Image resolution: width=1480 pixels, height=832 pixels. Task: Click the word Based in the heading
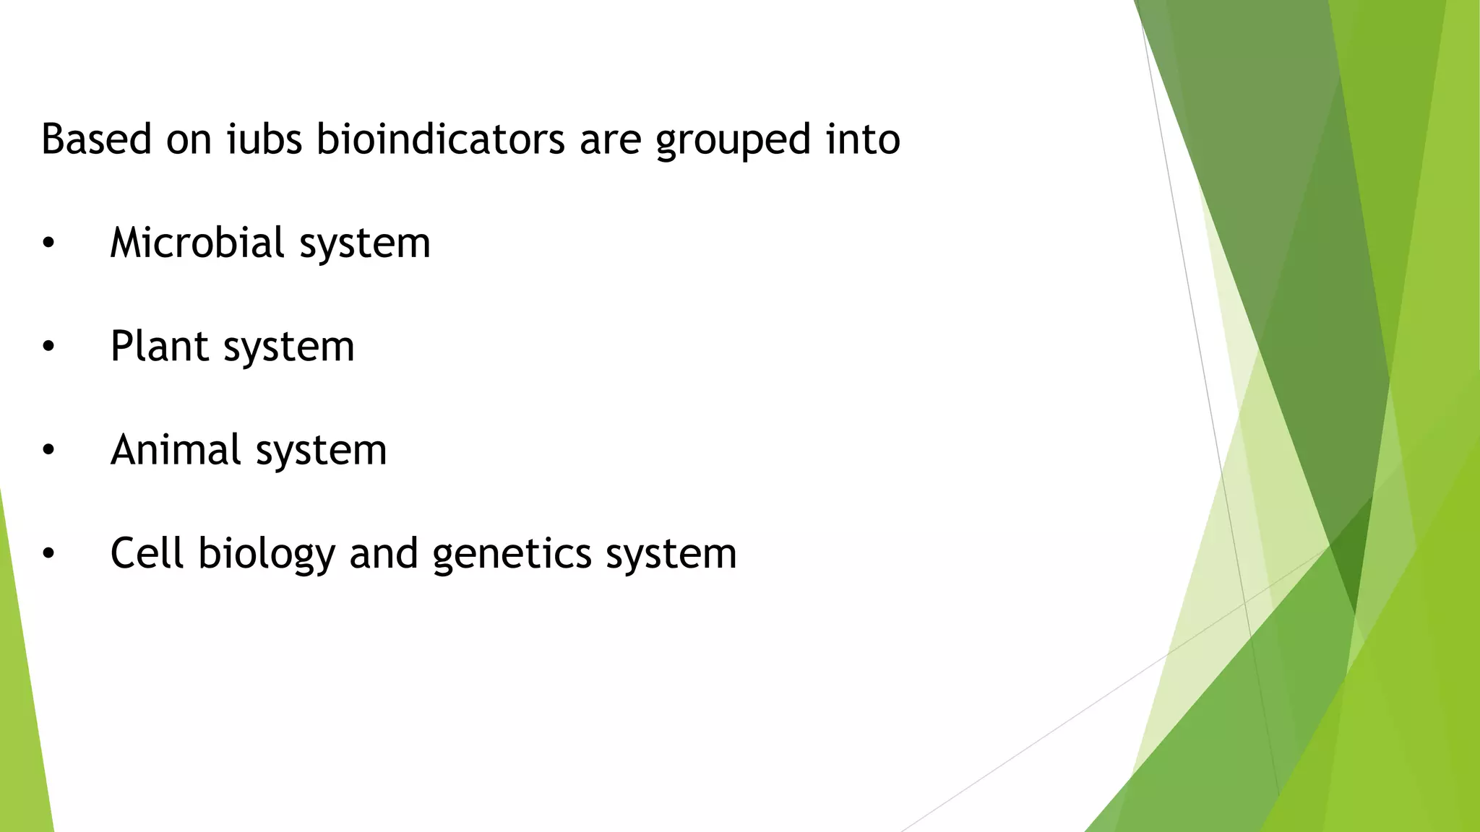[x=96, y=139]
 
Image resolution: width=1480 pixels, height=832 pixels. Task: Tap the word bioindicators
[x=441, y=139]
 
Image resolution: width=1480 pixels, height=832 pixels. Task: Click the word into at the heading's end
[x=863, y=139]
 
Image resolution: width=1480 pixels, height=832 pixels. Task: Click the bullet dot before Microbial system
[x=48, y=244]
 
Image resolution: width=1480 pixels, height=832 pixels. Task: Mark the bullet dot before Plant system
[x=48, y=347]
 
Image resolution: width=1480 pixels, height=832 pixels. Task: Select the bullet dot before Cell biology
[x=48, y=555]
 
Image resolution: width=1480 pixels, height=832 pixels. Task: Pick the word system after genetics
[x=671, y=555]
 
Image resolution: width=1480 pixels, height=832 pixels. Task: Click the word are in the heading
[x=610, y=140]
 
